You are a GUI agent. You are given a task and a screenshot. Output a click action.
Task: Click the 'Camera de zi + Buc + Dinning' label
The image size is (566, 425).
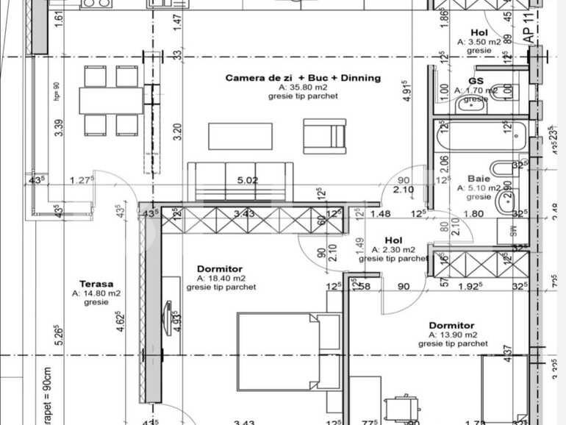click(x=303, y=78)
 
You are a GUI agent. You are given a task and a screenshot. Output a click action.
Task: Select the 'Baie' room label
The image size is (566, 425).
click(x=479, y=178)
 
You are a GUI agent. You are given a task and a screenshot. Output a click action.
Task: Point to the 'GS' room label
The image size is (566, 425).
click(x=476, y=81)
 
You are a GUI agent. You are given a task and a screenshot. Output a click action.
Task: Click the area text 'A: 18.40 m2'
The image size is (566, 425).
click(x=221, y=279)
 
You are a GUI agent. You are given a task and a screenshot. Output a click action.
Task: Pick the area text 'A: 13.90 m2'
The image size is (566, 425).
click(x=452, y=335)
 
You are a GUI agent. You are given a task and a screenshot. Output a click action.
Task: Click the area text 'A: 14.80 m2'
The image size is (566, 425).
click(x=96, y=293)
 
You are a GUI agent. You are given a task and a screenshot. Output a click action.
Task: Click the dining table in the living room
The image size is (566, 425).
click(x=110, y=101)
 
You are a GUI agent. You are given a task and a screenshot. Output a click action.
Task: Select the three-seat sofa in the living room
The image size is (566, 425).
click(x=240, y=181)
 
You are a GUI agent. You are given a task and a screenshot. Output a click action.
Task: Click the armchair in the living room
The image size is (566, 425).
click(x=324, y=136)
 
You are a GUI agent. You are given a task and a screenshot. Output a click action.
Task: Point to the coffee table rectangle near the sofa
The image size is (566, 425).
click(x=240, y=136)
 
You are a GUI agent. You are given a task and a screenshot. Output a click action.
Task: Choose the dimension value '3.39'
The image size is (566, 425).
click(x=58, y=128)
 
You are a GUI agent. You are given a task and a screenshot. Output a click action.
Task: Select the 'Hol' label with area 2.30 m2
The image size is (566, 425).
click(x=393, y=240)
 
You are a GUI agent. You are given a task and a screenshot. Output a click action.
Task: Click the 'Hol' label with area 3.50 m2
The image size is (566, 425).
click(x=479, y=33)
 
